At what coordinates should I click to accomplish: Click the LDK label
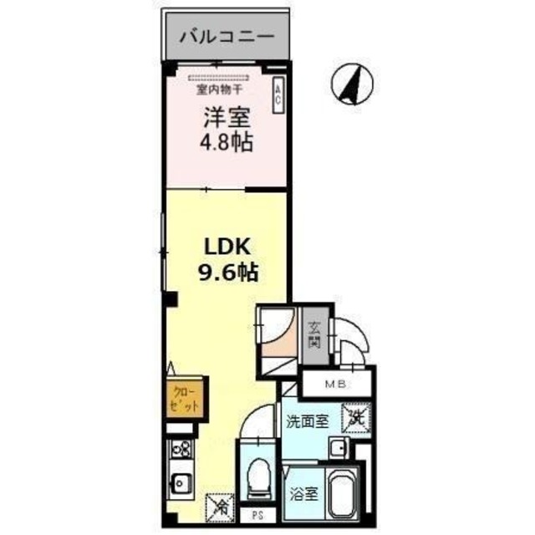coord(224,247)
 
